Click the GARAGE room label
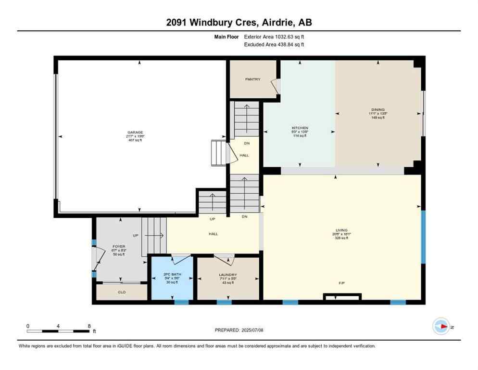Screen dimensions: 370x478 coord(135,132)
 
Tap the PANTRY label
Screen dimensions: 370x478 coord(252,79)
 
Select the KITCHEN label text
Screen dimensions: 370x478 coord(299,128)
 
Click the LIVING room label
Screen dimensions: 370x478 coord(342,230)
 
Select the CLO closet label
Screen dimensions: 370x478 coord(122,292)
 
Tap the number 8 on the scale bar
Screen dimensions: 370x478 coord(89,326)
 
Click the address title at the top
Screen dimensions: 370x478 coord(239,23)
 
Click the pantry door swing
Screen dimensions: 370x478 coord(275,86)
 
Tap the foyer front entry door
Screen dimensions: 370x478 coord(97,260)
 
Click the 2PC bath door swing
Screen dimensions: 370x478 coord(182,259)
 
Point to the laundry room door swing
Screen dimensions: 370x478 coord(225,259)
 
